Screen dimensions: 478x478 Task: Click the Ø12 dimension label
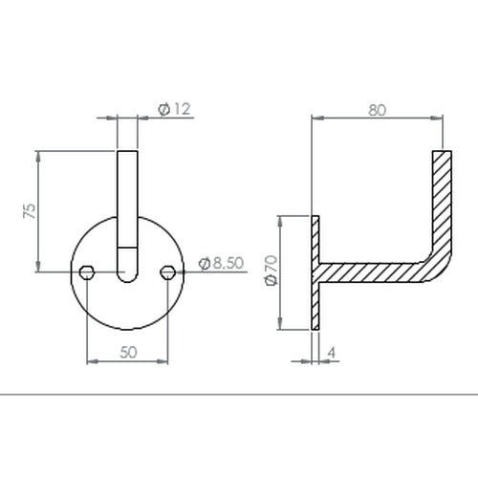pos(174,109)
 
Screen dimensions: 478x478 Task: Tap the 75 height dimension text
pos(30,210)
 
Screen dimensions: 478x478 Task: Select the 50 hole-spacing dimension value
pos(128,352)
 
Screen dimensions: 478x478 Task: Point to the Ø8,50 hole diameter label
pos(221,263)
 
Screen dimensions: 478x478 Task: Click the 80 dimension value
pos(378,110)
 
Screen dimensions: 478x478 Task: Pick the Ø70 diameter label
pos(272,271)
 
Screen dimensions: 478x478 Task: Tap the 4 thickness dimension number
pos(332,353)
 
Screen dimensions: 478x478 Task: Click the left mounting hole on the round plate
pos(87,272)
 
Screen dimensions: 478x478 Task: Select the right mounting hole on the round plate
pos(167,272)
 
